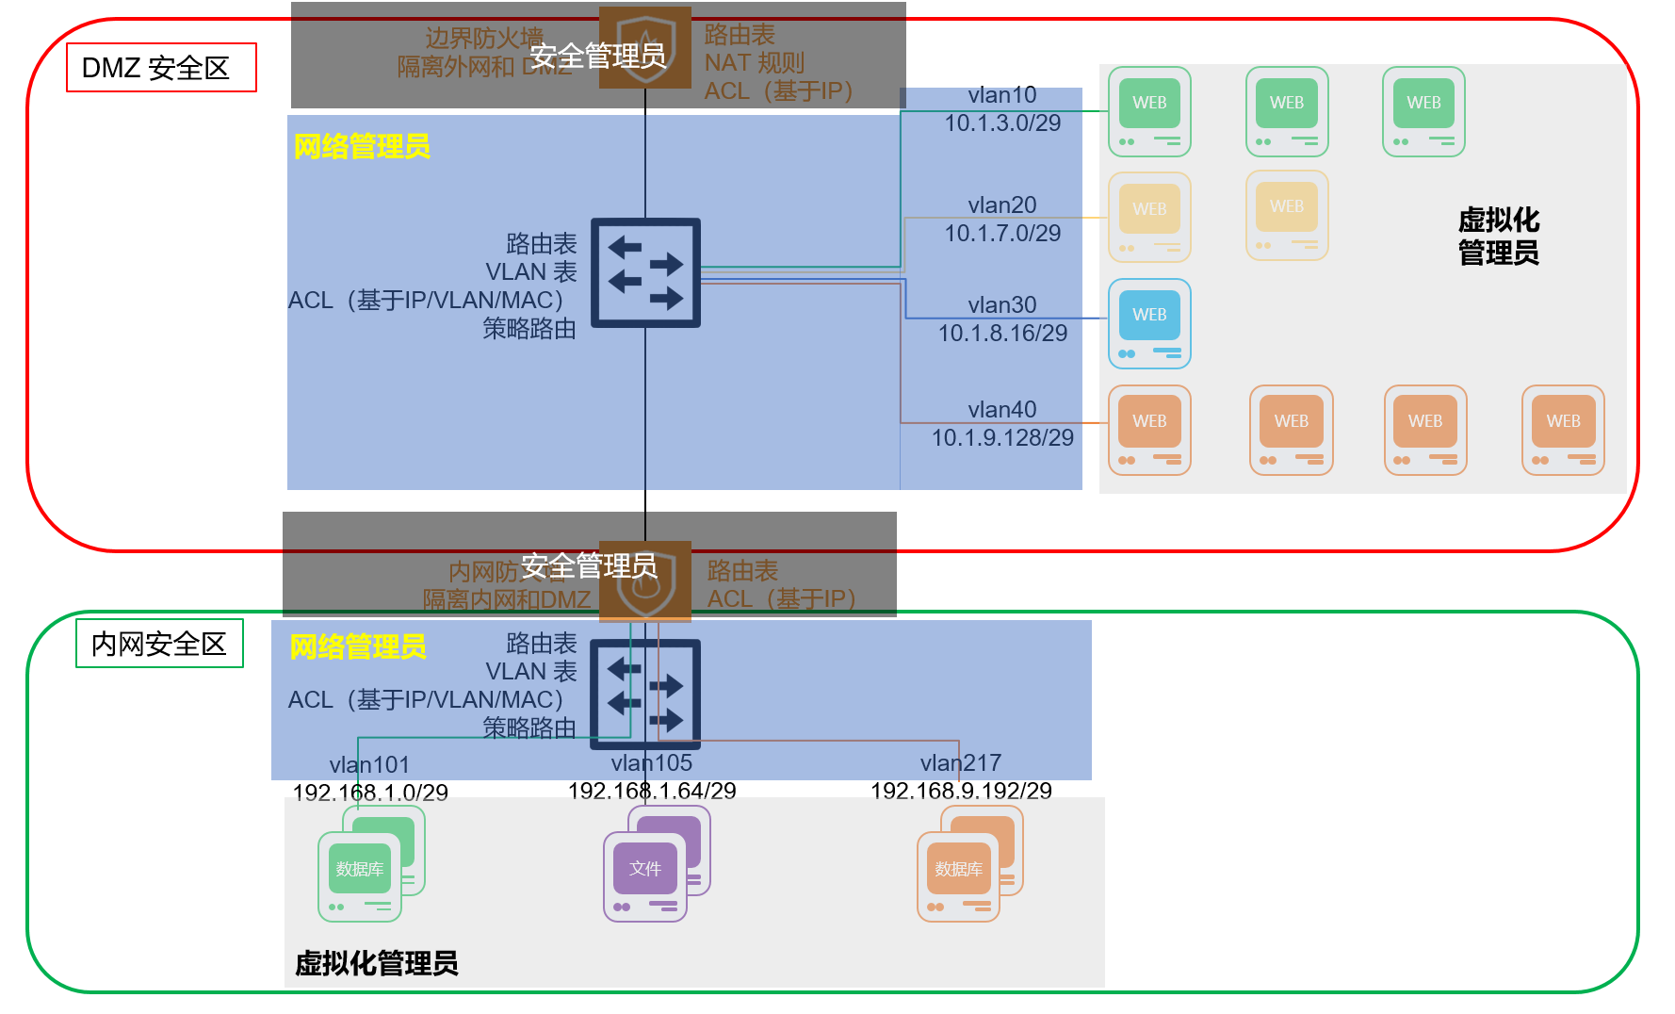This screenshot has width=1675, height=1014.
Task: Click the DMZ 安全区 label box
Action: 160,68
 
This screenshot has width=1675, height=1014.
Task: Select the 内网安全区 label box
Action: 159,644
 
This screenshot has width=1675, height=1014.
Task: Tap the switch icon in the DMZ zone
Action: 645,273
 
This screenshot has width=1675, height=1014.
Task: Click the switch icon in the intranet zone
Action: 645,694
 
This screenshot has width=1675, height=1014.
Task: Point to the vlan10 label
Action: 1001,95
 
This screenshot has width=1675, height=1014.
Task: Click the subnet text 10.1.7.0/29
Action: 1002,233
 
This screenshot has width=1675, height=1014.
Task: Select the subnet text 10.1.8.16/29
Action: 1002,333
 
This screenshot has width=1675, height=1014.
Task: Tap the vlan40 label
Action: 1001,410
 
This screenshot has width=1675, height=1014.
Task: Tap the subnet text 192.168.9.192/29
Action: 961,791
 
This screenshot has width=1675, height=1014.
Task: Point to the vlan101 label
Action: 369,764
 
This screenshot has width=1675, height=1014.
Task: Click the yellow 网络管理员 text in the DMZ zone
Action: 362,147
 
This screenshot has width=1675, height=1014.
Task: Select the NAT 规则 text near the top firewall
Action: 755,63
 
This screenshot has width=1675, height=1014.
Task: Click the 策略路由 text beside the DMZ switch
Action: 529,329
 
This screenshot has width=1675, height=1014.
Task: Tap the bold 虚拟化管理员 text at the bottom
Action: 377,963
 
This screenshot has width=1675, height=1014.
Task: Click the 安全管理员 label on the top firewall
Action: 597,57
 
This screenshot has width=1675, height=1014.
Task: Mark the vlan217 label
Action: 960,762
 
